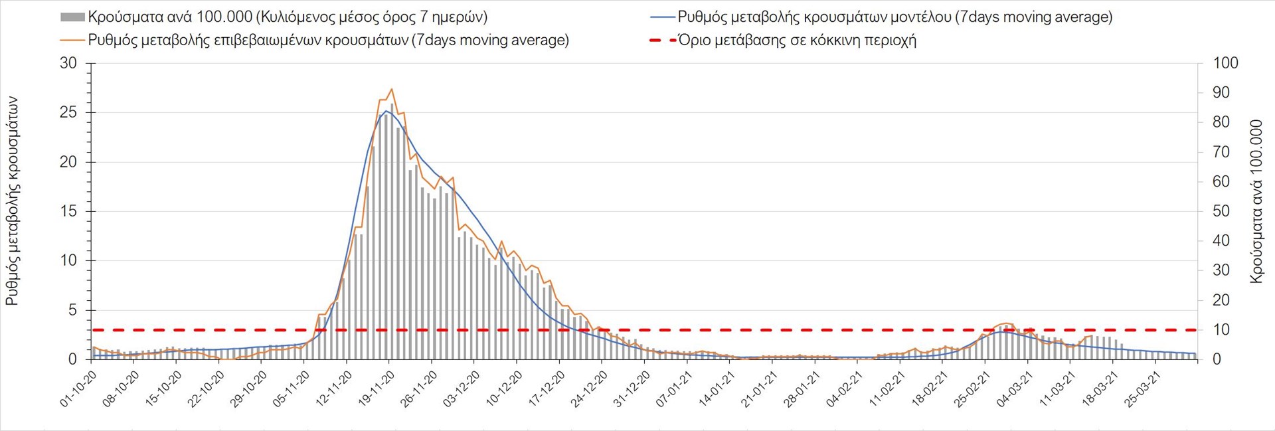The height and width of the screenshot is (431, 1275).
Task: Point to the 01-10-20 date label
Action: point(78,389)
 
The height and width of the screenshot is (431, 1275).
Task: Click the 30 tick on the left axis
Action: point(68,63)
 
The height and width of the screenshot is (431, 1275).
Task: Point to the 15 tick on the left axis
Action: point(68,211)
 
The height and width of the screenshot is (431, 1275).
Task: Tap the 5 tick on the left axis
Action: point(72,310)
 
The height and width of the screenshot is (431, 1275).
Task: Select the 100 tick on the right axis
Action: point(1225,63)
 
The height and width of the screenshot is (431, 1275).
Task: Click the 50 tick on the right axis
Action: point(1221,211)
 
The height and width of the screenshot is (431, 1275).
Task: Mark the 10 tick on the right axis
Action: point(1221,329)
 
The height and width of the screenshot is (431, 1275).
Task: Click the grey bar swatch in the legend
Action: point(72,17)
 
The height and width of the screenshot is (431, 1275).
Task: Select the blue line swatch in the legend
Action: point(662,17)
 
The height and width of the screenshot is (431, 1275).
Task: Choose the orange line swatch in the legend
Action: point(72,41)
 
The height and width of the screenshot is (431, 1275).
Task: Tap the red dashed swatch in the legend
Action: point(662,41)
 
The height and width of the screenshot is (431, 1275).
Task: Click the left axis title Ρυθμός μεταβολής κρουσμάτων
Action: point(12,201)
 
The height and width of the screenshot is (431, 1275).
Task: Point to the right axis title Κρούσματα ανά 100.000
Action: point(1256,201)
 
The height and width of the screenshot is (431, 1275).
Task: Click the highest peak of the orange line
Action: point(391,89)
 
